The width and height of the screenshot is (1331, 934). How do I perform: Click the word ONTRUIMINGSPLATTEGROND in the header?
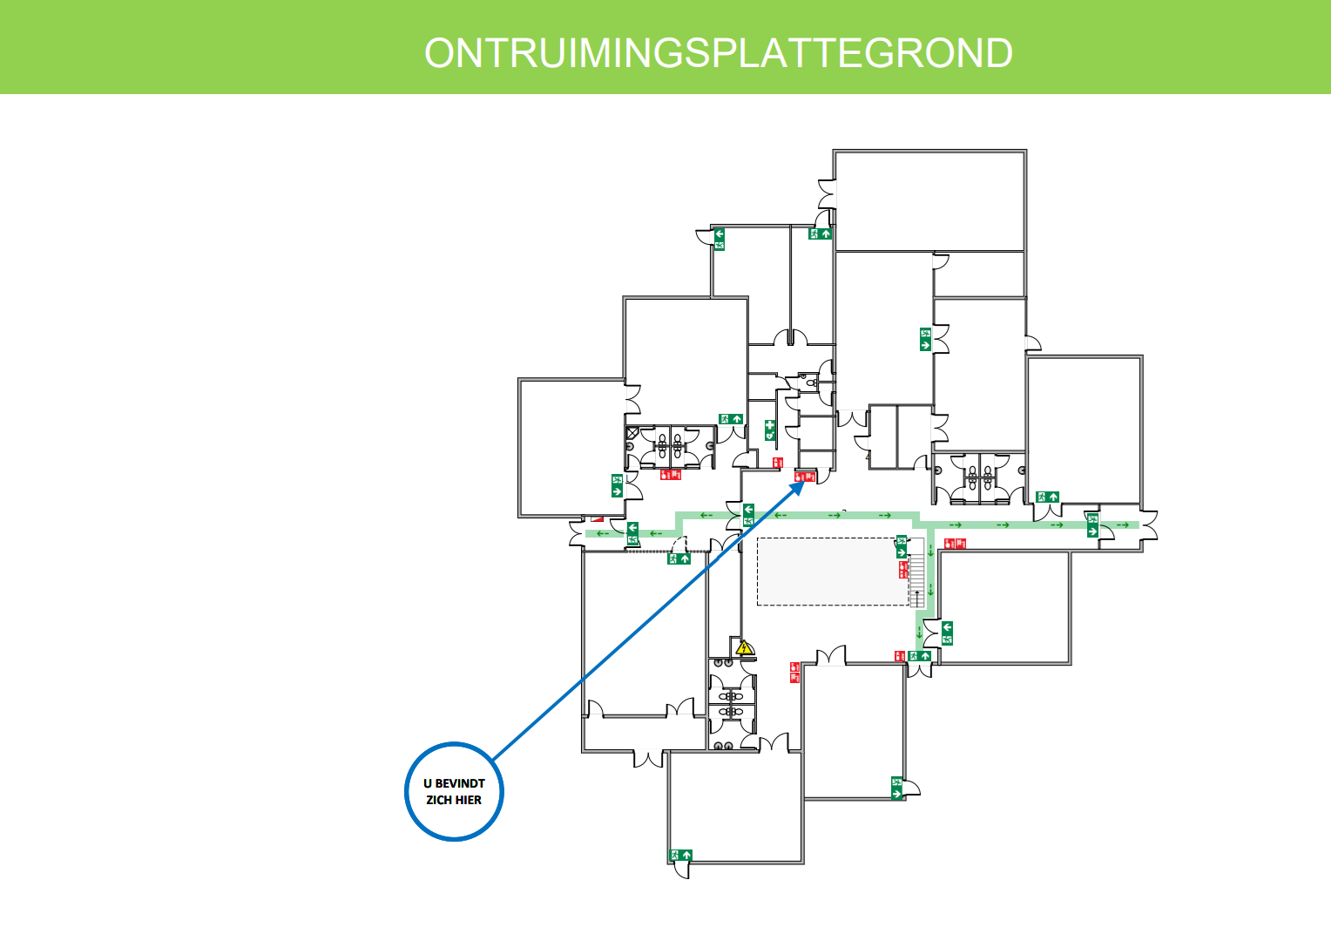(718, 54)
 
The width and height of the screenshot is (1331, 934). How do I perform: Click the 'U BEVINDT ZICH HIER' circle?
(454, 791)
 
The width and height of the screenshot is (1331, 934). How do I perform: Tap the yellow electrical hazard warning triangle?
(744, 648)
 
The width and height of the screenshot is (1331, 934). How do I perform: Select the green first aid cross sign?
(770, 429)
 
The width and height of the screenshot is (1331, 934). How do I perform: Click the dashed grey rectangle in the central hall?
(832, 571)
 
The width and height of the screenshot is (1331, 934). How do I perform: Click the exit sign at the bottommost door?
(680, 856)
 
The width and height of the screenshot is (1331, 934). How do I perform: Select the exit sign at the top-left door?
(720, 239)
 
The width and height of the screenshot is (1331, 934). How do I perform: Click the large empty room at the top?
(929, 200)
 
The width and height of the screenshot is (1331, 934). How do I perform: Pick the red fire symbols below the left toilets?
(670, 475)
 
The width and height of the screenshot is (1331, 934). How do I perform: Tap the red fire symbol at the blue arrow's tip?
(806, 476)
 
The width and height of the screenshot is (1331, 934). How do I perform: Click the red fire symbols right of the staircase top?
(956, 544)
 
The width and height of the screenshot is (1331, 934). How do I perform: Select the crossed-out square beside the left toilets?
(632, 433)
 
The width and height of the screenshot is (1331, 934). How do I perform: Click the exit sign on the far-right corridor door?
(1092, 525)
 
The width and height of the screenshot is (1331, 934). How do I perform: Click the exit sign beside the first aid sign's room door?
(730, 419)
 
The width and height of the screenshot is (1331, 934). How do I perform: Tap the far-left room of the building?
(571, 447)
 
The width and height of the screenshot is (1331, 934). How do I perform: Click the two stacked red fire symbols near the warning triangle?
(794, 672)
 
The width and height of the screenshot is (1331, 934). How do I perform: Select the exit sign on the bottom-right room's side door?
(897, 788)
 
